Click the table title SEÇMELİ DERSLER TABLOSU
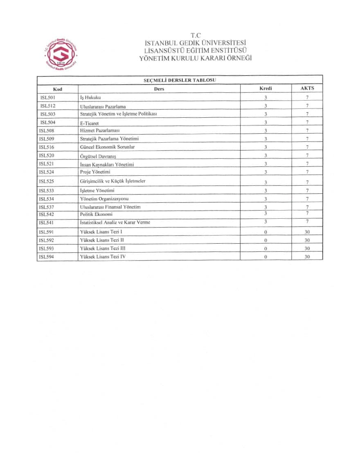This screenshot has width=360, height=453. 179,80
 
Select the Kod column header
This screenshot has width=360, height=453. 57,88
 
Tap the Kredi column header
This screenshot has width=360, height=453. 265,88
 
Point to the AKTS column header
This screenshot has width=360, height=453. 307,88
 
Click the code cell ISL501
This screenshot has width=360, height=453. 48,97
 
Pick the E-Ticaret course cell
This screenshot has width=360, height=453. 90,123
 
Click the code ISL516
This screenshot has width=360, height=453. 48,147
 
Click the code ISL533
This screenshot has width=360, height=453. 48,190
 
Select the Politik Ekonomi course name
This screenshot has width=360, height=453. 97,214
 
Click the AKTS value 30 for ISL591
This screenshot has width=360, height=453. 307,232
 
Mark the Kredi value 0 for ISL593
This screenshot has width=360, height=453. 265,249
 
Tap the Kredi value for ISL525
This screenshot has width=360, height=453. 265,182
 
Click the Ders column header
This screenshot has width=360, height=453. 159,89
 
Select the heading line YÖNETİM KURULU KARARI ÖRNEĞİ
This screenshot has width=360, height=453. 196,58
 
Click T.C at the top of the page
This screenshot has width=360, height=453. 196,35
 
